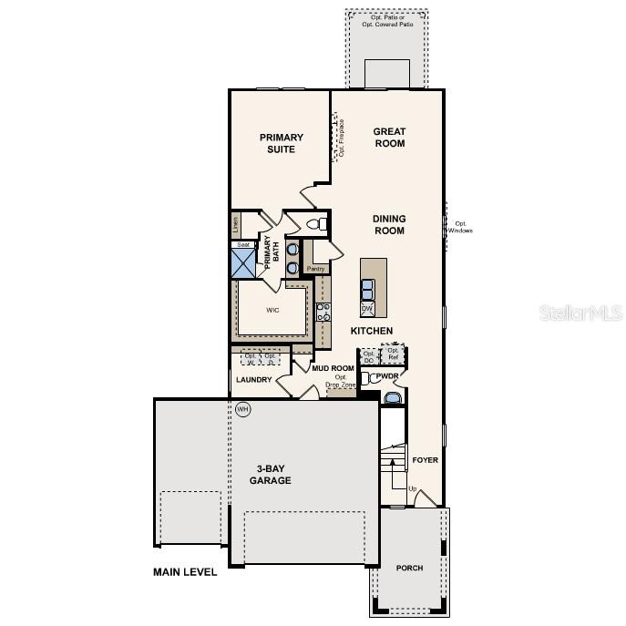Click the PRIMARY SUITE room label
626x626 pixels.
281,143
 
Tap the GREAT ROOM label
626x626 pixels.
389,138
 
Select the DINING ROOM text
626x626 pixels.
388,224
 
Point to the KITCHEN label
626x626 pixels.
372,331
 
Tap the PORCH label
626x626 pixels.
409,568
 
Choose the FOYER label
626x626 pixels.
425,460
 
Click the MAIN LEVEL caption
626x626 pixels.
185,572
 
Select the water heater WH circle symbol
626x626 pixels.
242,409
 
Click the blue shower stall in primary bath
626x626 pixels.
243,264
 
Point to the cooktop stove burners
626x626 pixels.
323,312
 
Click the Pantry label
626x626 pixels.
315,269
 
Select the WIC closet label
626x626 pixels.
272,310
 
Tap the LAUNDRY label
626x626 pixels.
254,380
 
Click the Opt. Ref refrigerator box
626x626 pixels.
393,354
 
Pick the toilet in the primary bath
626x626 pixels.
314,223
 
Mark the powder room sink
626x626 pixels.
391,398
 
